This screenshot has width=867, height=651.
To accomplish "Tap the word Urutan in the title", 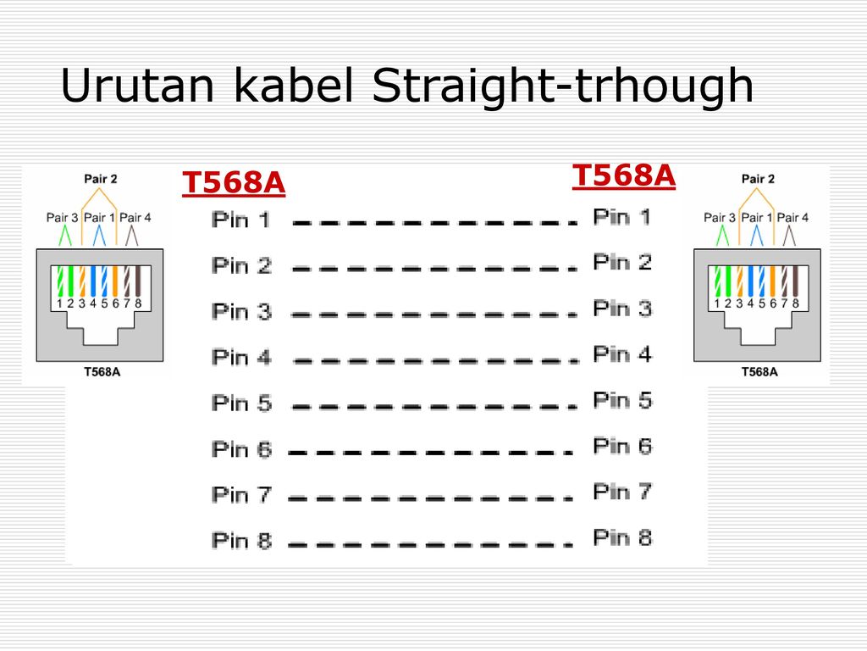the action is click(136, 86).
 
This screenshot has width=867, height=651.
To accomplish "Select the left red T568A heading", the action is click(234, 183).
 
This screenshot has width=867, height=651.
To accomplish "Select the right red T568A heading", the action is click(624, 176).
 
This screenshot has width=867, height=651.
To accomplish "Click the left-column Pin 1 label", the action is click(241, 220).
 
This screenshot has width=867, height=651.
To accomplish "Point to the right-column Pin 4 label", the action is click(622, 353).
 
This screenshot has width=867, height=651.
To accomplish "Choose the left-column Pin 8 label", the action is click(241, 540).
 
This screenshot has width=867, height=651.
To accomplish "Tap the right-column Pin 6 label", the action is click(622, 446).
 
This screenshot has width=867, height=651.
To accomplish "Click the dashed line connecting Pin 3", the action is click(434, 315).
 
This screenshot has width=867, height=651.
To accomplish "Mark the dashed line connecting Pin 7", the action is click(430, 498).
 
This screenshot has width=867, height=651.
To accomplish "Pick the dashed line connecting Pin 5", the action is click(434, 407).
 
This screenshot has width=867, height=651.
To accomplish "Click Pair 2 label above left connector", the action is click(101, 179).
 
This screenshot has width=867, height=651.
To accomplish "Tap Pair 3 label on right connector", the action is click(720, 218).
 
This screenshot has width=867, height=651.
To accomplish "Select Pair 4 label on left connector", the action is click(135, 218).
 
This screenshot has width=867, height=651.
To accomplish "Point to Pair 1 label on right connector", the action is click(756, 218).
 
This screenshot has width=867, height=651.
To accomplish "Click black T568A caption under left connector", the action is click(102, 372).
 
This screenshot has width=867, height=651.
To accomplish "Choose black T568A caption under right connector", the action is click(759, 372).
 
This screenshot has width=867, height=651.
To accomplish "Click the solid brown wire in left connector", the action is click(138, 281).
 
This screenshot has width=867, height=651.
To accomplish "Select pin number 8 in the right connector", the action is click(796, 303).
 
